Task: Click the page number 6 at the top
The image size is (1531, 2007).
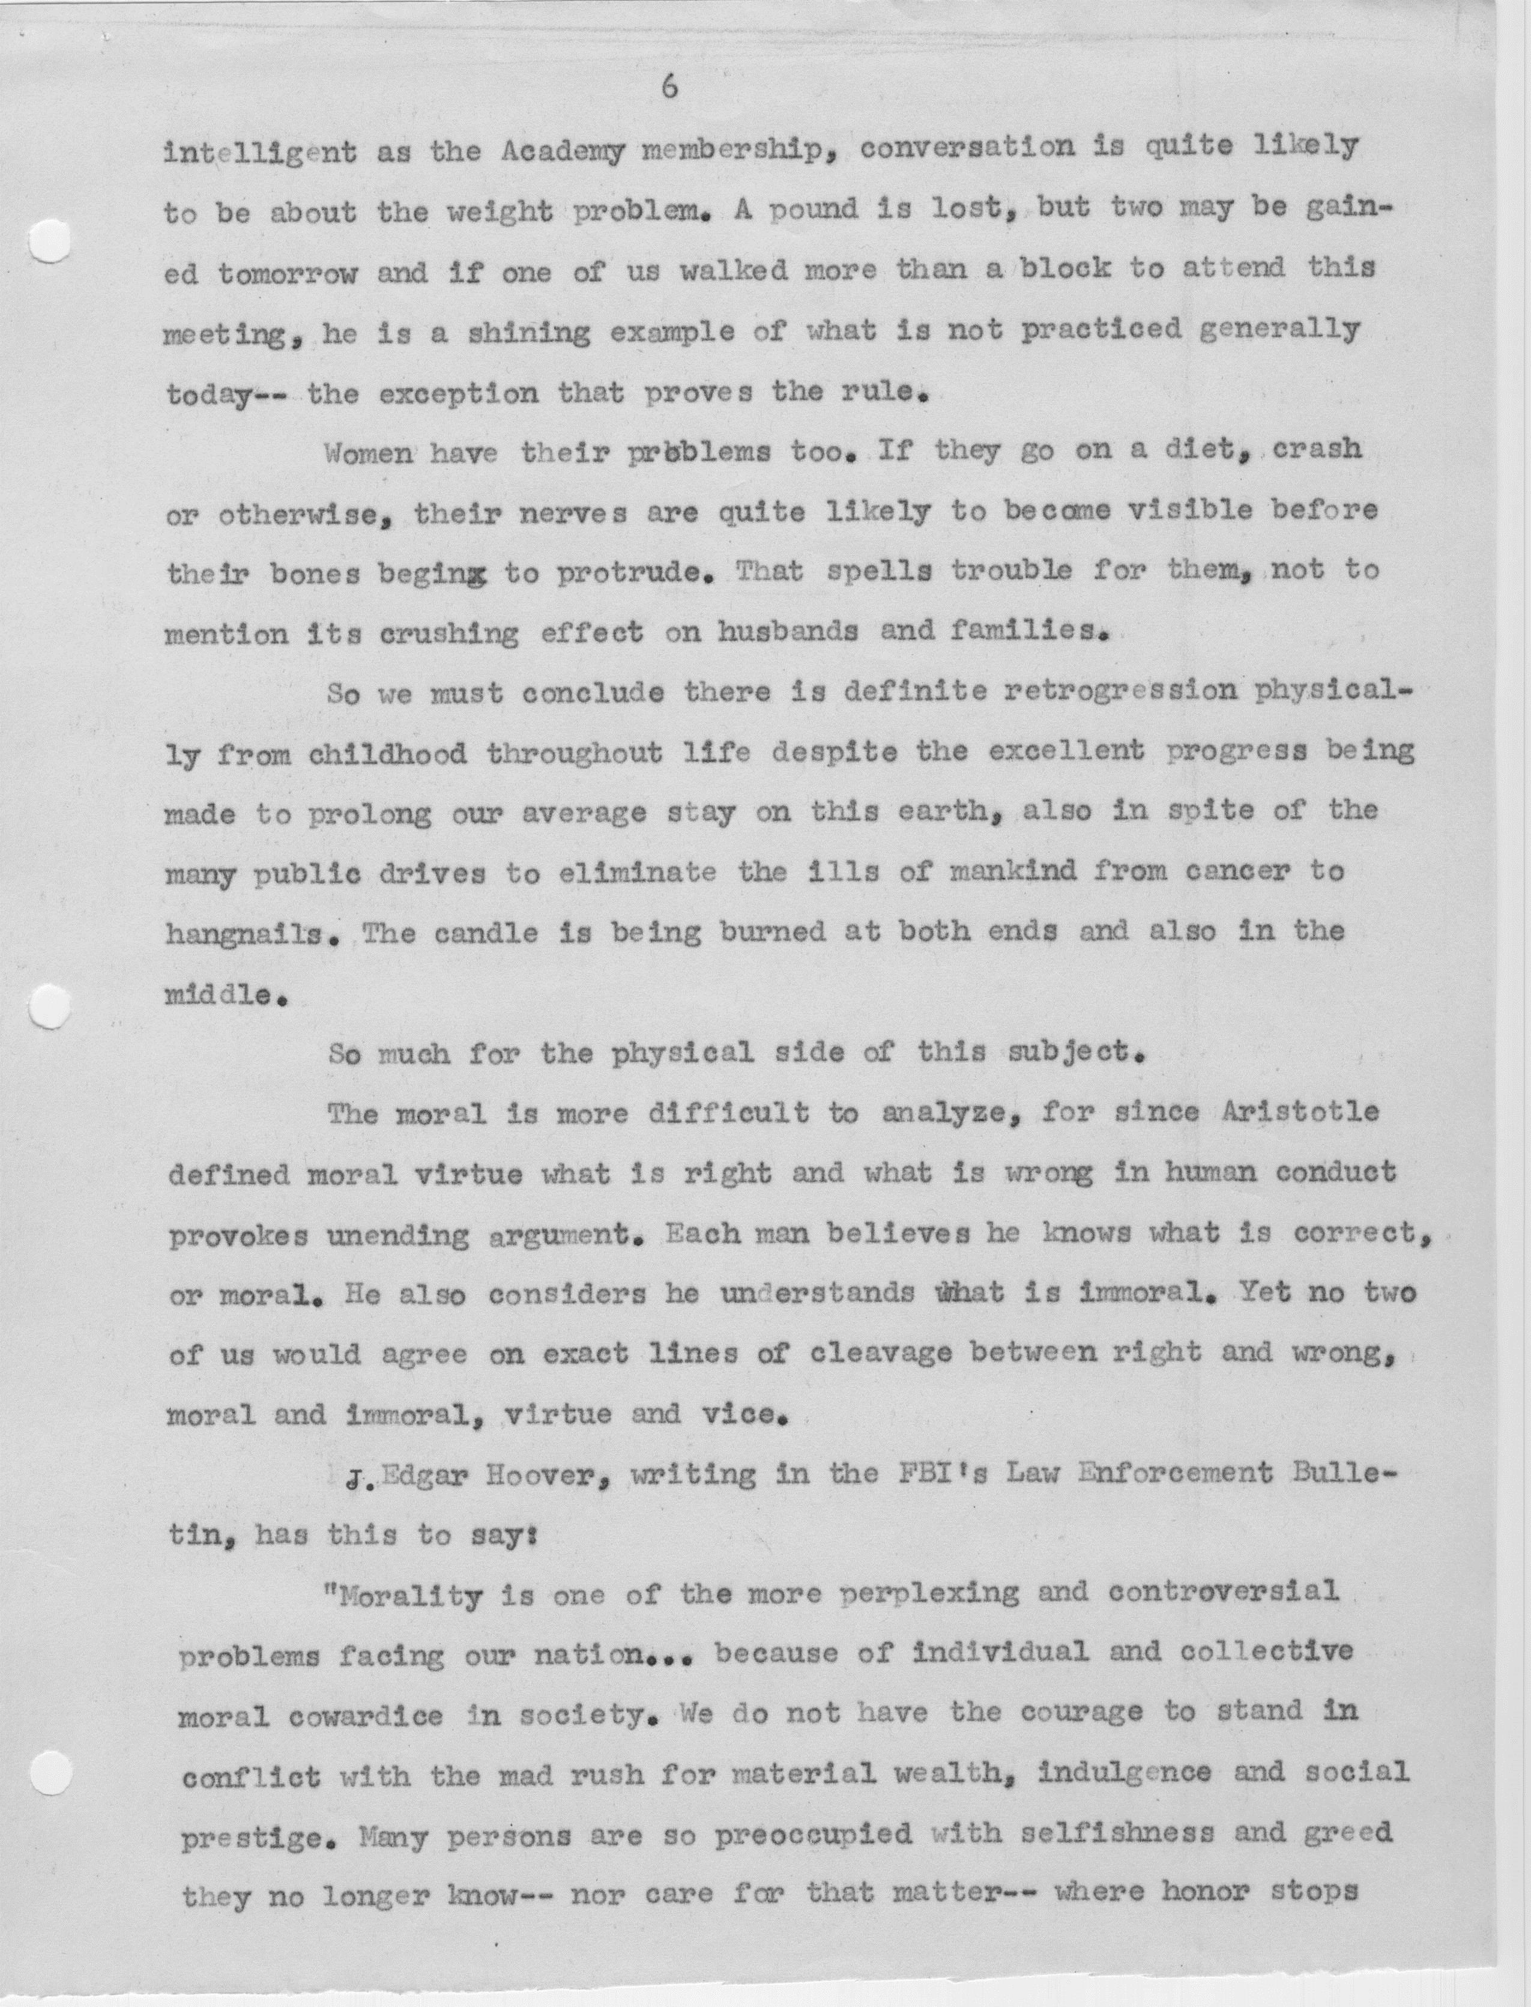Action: click(x=670, y=88)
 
